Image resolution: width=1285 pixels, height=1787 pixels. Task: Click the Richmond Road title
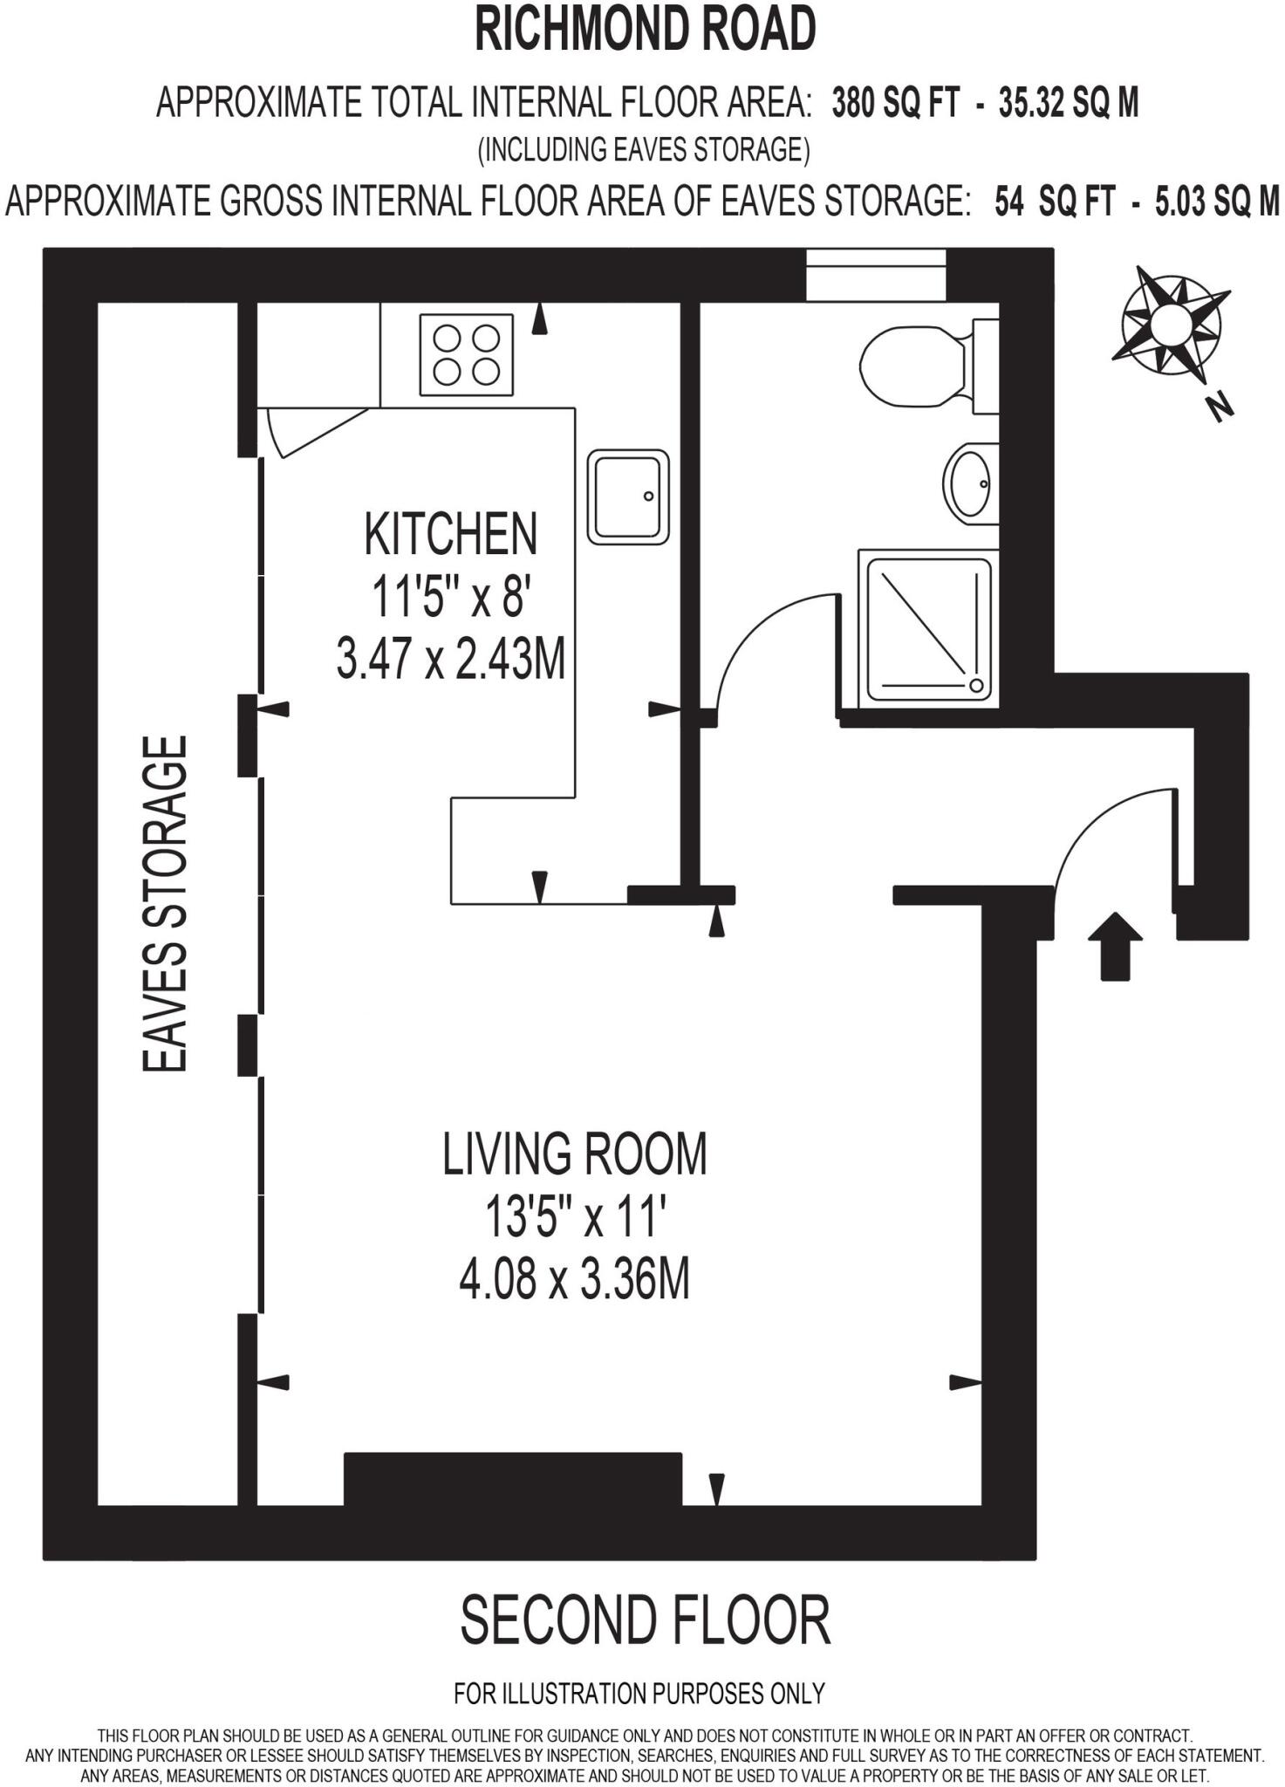click(x=645, y=29)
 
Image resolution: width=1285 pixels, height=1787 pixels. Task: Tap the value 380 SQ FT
click(x=896, y=104)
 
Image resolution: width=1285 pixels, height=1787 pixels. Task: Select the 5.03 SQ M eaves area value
click(x=1218, y=202)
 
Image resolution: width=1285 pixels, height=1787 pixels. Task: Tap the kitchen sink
click(x=628, y=496)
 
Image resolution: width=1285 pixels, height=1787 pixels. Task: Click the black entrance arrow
click(x=1115, y=946)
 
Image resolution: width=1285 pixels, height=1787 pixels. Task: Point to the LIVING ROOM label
click(x=574, y=1154)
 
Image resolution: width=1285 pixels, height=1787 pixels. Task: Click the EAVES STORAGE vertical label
click(x=165, y=904)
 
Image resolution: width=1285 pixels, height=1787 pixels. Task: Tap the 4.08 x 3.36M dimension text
click(x=574, y=1281)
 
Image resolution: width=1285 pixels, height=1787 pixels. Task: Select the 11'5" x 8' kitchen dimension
click(x=451, y=598)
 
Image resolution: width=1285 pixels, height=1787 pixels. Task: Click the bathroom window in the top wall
click(x=876, y=276)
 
